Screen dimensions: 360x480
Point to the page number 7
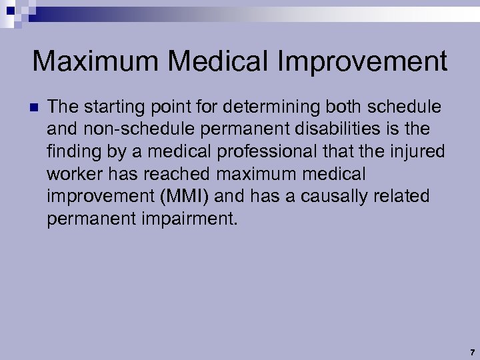[x=471, y=352]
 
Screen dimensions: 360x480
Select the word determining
[x=261, y=107]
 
